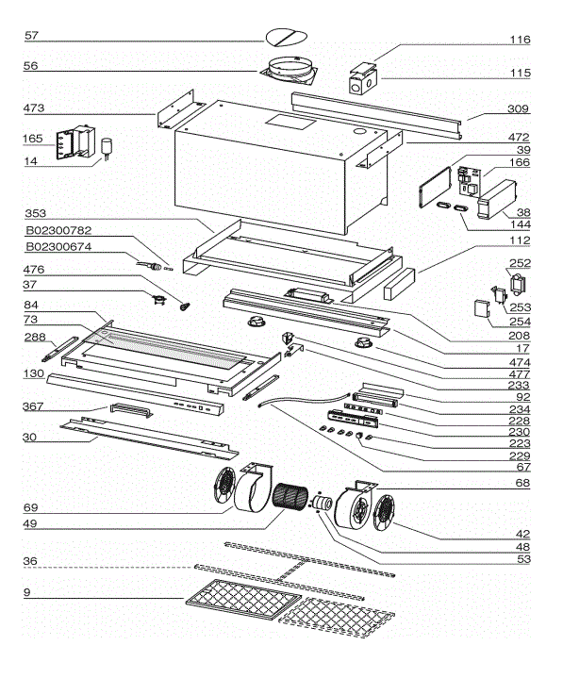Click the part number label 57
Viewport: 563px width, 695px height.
(x=31, y=36)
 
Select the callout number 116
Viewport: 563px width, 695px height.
(x=521, y=41)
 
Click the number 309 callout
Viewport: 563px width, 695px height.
(x=519, y=108)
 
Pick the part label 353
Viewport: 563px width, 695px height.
(x=35, y=213)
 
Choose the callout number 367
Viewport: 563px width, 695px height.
(x=35, y=407)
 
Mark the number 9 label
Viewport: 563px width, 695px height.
(x=27, y=594)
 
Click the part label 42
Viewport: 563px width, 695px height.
(x=522, y=534)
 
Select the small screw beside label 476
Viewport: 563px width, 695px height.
(x=184, y=306)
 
